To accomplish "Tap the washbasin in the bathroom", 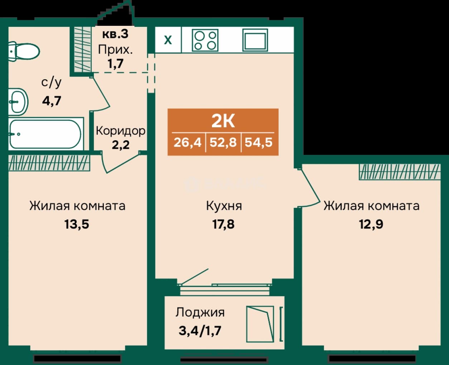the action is point(18,102).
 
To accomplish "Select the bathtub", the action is point(45,134).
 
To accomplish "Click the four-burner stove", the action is point(205,40).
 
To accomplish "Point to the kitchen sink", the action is point(255,40).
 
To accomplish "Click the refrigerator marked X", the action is point(168,40).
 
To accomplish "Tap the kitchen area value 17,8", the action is point(223,224).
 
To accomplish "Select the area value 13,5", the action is point(77,224).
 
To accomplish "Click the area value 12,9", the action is point(371,224).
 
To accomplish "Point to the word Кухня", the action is point(224,206).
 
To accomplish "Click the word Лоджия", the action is point(200,313).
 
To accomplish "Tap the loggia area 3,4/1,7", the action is point(200,331).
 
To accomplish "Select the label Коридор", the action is point(121,131).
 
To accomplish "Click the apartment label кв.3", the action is point(115,34).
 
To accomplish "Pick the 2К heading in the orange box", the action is point(223,122).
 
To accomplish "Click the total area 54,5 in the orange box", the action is point(259,142).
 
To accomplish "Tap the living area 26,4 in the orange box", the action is point(187,142).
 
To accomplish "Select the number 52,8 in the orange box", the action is point(223,142).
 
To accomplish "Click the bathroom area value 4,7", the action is point(52,101).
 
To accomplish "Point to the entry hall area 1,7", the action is point(115,63).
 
